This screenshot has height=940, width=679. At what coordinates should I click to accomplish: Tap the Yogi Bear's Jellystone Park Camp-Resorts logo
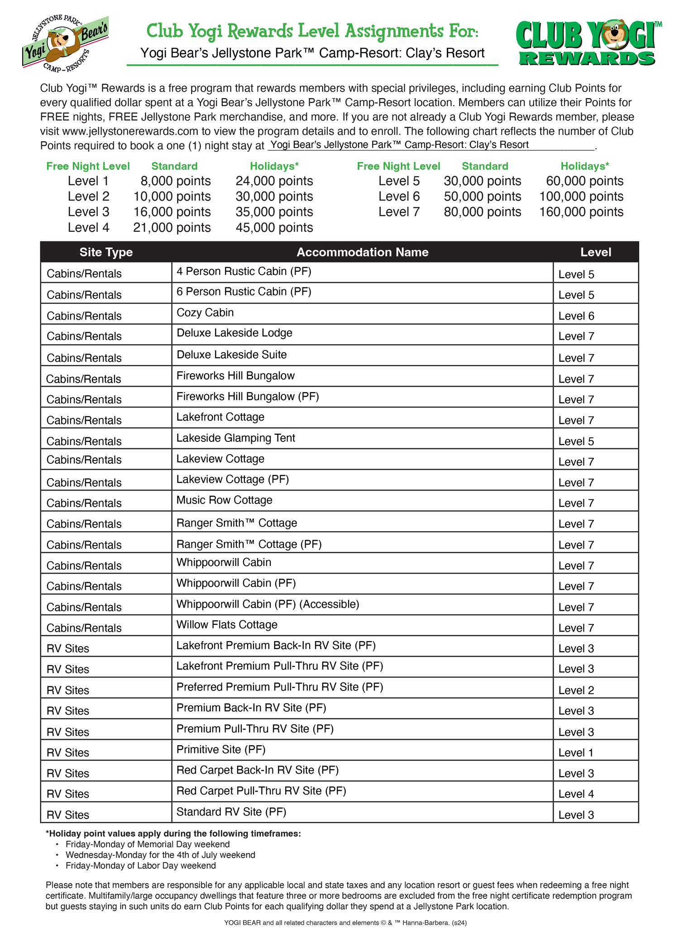click(x=65, y=43)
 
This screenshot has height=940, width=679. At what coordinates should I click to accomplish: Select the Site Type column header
click(x=106, y=252)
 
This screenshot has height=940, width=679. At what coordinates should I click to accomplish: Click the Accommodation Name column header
click(x=362, y=252)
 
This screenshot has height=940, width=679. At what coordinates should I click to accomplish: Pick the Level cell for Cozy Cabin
click(x=576, y=316)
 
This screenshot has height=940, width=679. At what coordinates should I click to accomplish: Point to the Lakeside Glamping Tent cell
click(x=235, y=438)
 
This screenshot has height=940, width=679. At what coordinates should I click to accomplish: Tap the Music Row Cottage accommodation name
click(x=224, y=500)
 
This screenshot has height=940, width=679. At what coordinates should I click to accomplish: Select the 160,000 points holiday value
click(x=581, y=212)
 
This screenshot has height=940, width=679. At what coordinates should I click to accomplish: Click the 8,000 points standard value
click(x=175, y=181)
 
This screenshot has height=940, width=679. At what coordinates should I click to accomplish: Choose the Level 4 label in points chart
click(x=88, y=228)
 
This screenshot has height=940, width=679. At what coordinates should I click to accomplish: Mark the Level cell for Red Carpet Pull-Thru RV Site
click(x=576, y=794)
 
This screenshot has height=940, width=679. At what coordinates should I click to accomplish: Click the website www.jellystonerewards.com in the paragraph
click(x=130, y=131)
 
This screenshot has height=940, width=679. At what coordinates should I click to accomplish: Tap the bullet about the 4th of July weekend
click(x=160, y=855)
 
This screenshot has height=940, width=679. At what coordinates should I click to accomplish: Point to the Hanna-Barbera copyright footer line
click(x=345, y=923)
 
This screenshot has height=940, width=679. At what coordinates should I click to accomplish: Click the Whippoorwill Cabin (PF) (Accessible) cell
click(x=268, y=604)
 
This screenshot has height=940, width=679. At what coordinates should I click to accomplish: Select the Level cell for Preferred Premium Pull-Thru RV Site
click(x=576, y=691)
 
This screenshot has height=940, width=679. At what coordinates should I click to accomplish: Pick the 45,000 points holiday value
click(x=274, y=228)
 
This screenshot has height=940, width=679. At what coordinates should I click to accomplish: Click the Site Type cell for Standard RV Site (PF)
click(x=68, y=815)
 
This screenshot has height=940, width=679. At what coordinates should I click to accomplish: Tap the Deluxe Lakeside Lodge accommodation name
click(x=234, y=333)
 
